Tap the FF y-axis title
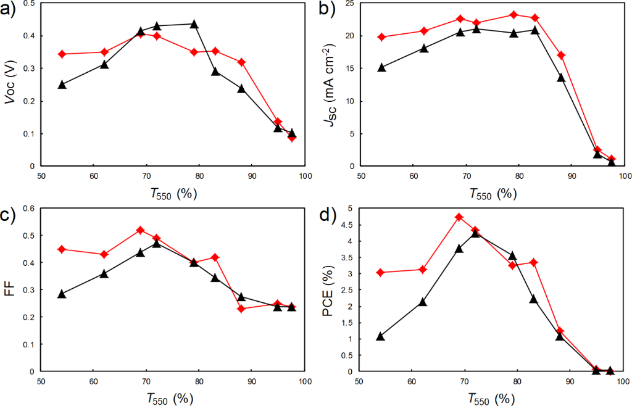pyautogui.click(x=9, y=290)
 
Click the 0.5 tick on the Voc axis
pyautogui.click(x=30, y=4)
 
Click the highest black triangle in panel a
pyautogui.click(x=194, y=24)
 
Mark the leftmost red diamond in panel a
pyautogui.click(x=62, y=54)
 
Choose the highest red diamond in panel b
pyautogui.click(x=513, y=15)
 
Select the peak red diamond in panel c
pyautogui.click(x=141, y=230)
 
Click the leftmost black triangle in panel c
pyautogui.click(x=62, y=294)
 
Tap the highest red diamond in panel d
pyautogui.click(x=459, y=217)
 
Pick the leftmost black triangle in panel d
pyautogui.click(x=380, y=336)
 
